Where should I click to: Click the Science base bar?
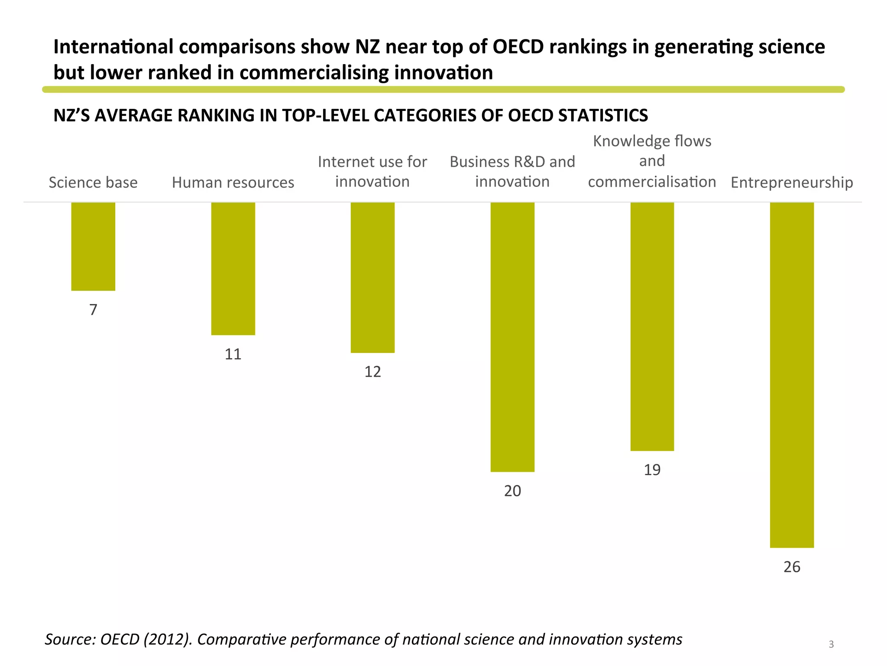(x=93, y=246)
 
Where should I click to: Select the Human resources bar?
(x=233, y=268)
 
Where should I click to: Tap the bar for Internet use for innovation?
(x=372, y=277)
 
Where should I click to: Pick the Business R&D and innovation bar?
(x=512, y=337)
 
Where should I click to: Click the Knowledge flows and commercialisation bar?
(x=652, y=326)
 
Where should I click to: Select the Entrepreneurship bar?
(x=792, y=375)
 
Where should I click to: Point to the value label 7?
(x=93, y=310)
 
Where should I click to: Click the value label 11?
(x=233, y=354)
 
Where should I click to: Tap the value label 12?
(x=372, y=372)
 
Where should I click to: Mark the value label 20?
(x=512, y=491)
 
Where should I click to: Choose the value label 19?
(x=652, y=470)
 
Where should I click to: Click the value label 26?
(x=792, y=567)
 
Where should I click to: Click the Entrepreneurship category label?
(x=792, y=183)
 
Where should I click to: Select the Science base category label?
(x=93, y=183)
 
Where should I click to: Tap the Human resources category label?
(x=233, y=183)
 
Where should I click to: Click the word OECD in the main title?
(x=518, y=47)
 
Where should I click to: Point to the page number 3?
(x=831, y=644)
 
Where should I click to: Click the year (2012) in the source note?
(x=168, y=640)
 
